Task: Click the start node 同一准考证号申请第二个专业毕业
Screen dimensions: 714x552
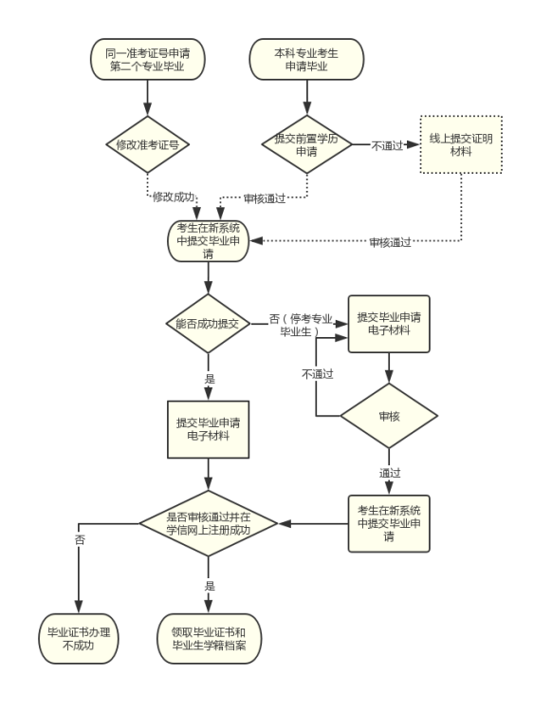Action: click(147, 60)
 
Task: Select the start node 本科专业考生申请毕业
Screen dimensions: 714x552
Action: click(306, 60)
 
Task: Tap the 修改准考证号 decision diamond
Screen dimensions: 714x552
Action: click(147, 145)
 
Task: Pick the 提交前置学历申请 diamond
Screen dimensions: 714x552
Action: click(306, 145)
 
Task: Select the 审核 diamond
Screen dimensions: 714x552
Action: click(389, 416)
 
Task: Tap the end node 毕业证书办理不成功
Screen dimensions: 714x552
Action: click(78, 638)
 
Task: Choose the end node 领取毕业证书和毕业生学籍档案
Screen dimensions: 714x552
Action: click(208, 638)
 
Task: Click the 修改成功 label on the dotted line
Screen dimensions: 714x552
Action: click(174, 197)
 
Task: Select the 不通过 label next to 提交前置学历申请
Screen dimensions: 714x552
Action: click(384, 145)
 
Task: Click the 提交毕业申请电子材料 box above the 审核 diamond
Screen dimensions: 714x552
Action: click(389, 323)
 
